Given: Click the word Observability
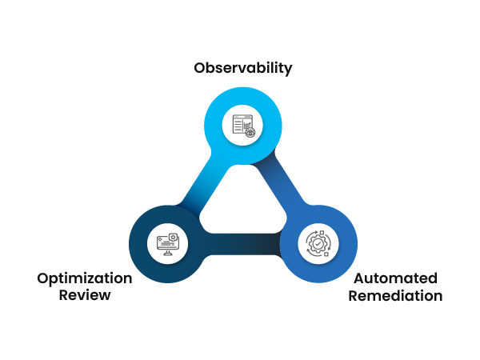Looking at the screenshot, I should click(243, 68).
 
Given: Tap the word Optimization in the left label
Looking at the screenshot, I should click(84, 278).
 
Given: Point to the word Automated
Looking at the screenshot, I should click(395, 278).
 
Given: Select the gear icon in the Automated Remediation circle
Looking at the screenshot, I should click(318, 244).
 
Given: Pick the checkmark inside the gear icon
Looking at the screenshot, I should click(318, 244).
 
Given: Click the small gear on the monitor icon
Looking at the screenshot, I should click(174, 238).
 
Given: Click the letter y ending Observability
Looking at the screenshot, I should click(288, 70).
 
